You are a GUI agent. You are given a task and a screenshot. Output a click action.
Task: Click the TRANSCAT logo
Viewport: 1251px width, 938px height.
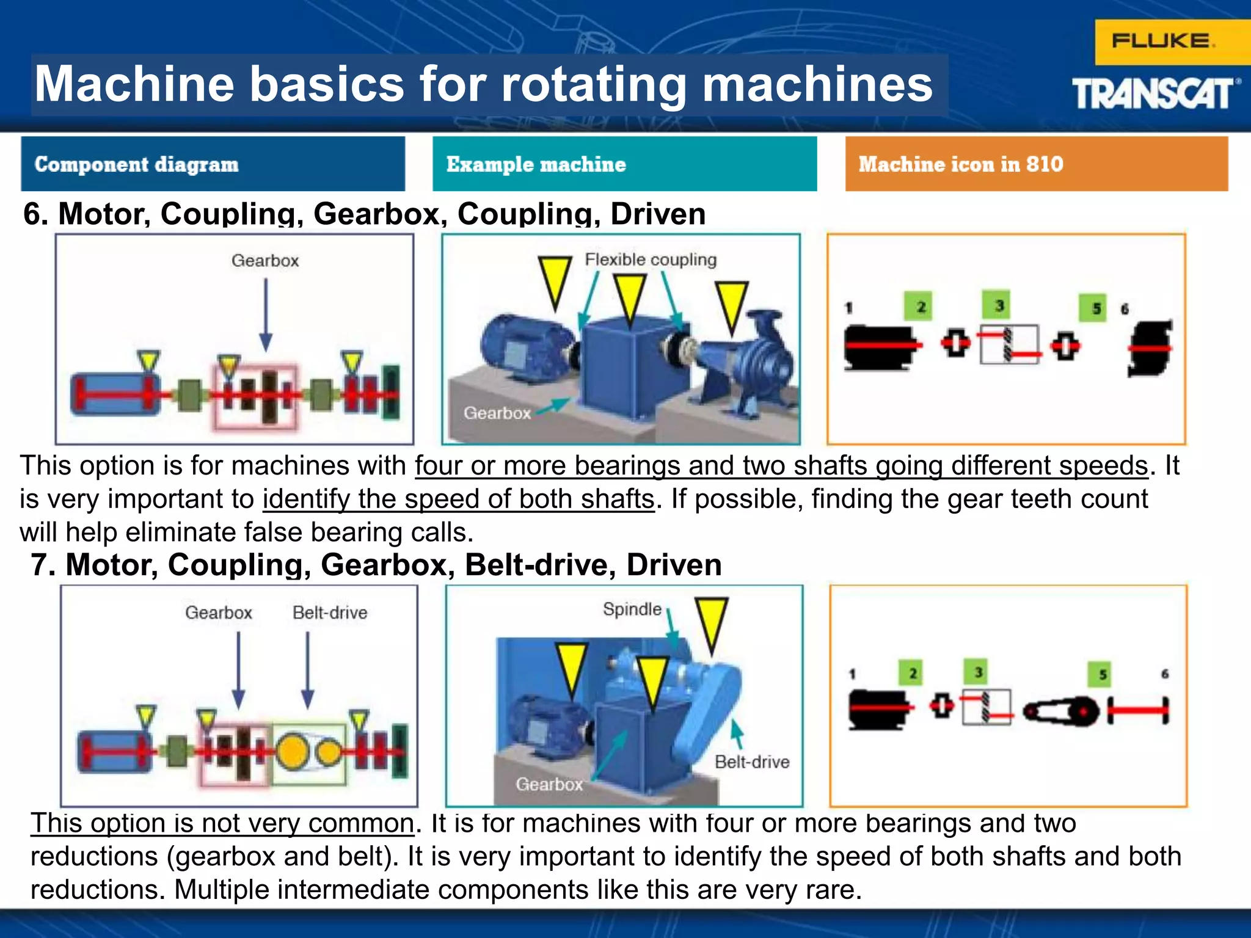1154,93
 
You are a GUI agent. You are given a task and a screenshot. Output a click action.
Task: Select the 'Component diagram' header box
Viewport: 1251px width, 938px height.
213,164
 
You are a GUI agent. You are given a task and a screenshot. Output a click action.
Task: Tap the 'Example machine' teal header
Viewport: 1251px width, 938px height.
624,164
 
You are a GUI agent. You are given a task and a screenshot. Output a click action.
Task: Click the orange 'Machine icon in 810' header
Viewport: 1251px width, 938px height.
1036,164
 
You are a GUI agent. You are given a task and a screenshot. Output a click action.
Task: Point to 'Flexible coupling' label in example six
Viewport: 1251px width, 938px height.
651,260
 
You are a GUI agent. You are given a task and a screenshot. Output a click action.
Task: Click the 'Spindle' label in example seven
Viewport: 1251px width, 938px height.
632,609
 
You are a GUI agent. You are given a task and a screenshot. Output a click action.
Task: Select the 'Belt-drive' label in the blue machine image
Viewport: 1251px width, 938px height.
752,762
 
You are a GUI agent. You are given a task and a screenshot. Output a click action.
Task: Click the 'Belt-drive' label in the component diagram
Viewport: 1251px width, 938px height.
330,613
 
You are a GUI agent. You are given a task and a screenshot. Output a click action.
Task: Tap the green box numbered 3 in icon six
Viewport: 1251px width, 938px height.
999,305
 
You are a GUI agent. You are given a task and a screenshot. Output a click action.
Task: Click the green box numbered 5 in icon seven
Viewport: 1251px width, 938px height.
1103,674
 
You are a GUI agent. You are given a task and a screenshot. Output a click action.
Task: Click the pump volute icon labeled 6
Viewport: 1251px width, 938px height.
1150,348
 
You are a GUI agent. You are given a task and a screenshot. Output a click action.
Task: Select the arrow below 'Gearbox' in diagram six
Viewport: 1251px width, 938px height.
266,314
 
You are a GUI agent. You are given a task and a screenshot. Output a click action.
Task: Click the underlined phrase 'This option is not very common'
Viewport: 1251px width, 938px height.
223,823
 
